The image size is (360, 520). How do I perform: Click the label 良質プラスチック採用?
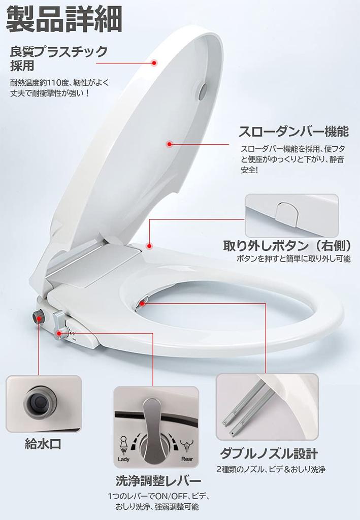(x=59, y=58)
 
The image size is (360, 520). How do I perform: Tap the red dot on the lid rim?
(x=154, y=62)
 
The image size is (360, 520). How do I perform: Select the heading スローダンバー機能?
(x=293, y=132)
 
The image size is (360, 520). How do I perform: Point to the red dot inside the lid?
(x=170, y=144)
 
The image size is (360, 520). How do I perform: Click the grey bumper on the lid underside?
(x=203, y=91)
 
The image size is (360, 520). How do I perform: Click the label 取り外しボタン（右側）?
(x=287, y=246)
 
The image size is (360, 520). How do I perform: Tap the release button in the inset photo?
(x=287, y=214)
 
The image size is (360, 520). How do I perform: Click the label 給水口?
(x=43, y=444)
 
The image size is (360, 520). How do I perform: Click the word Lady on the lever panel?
(x=124, y=459)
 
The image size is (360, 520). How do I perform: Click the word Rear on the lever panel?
(x=187, y=459)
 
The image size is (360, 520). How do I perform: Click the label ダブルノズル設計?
(x=269, y=453)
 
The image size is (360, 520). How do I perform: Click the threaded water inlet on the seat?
(x=39, y=317)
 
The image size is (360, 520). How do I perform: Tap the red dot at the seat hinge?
(x=149, y=246)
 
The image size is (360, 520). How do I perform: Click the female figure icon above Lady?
(x=123, y=444)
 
